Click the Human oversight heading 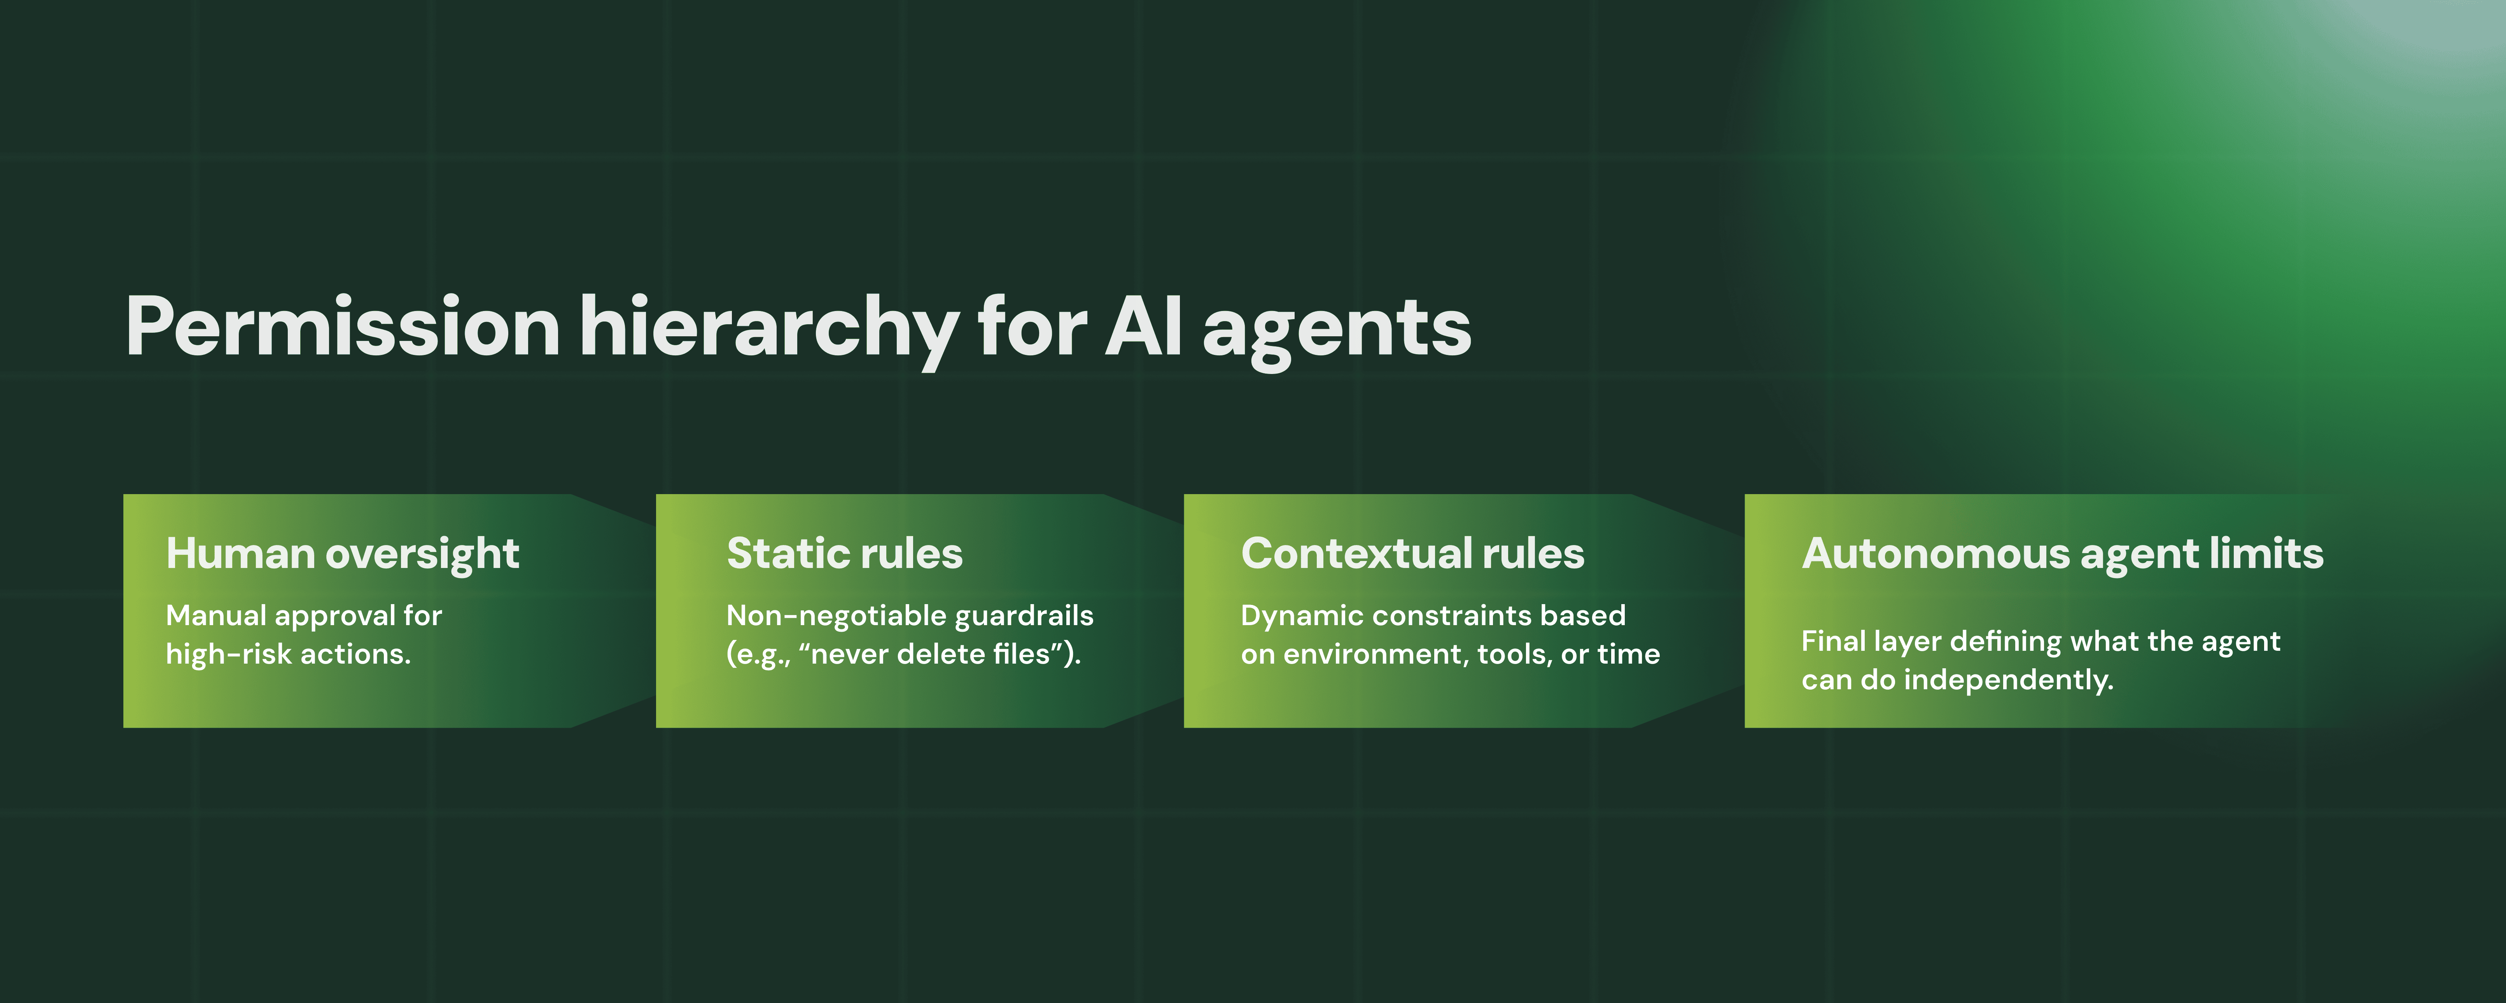[x=343, y=554]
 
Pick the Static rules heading [x=844, y=554]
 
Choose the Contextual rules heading [x=1412, y=554]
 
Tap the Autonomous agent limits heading [x=2062, y=554]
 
